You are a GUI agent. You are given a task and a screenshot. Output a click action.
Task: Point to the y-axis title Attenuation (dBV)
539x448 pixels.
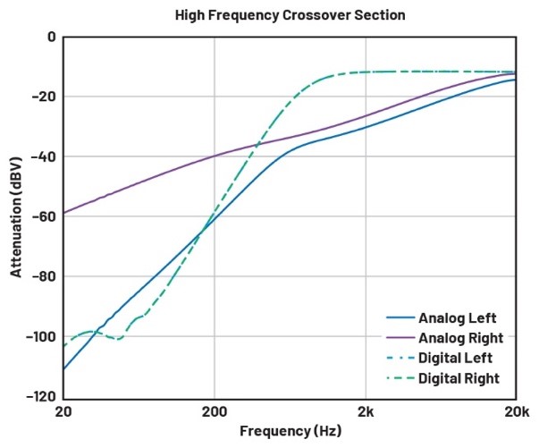pos(16,217)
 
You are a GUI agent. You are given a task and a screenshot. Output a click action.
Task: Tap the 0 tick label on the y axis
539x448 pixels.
pos(51,38)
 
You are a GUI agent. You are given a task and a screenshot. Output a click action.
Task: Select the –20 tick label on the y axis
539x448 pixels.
pos(44,97)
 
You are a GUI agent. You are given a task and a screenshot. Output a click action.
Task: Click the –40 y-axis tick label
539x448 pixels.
pos(44,156)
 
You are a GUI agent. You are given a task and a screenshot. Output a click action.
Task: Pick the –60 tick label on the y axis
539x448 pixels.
pos(44,216)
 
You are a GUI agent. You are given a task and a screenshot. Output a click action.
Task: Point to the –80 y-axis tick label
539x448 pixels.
pos(44,276)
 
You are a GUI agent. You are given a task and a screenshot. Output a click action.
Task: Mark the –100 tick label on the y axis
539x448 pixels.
pos(41,336)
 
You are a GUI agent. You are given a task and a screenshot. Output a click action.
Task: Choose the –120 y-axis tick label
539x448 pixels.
pos(41,396)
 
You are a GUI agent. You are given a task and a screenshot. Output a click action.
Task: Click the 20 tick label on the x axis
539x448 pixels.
pos(63,412)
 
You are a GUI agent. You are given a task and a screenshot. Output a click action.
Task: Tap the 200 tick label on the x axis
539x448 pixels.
pos(214,412)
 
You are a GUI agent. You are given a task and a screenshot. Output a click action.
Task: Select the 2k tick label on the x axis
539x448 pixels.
pos(365,412)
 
